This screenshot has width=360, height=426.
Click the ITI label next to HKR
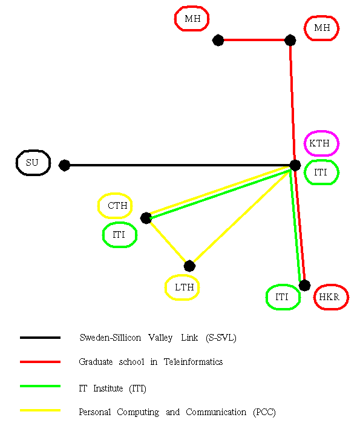[283, 297]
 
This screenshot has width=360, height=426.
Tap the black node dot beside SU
[65, 165]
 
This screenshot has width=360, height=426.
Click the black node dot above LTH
[189, 266]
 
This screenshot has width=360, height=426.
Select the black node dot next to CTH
[146, 218]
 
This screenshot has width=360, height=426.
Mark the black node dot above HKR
[304, 286]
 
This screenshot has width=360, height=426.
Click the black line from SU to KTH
[180, 165]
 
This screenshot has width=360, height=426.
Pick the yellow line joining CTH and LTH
[168, 242]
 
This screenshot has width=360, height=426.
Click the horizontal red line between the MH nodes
[254, 40]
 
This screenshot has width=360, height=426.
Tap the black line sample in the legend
[40, 338]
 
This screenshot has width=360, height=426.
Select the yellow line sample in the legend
[40, 410]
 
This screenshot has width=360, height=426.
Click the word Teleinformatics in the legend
[193, 362]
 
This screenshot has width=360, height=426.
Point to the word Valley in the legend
[160, 338]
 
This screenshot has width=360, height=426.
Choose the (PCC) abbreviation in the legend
[264, 412]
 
